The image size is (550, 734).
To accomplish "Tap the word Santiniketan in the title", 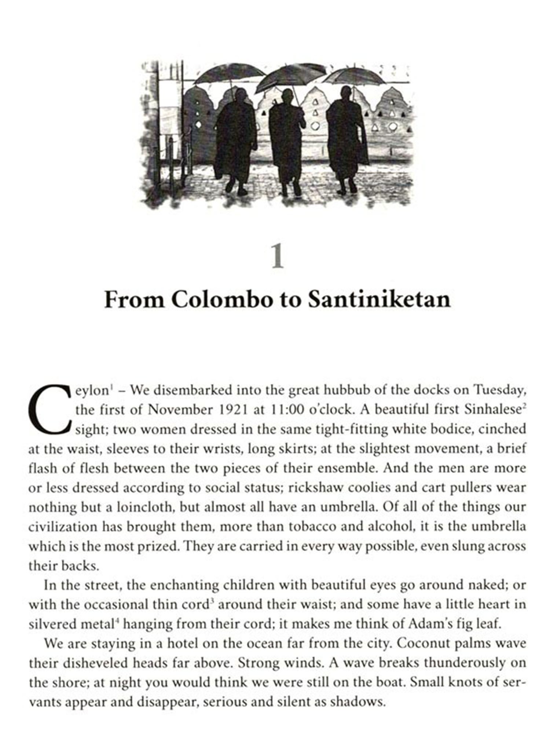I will point(379,299).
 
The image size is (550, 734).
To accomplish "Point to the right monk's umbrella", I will point(353,76).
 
